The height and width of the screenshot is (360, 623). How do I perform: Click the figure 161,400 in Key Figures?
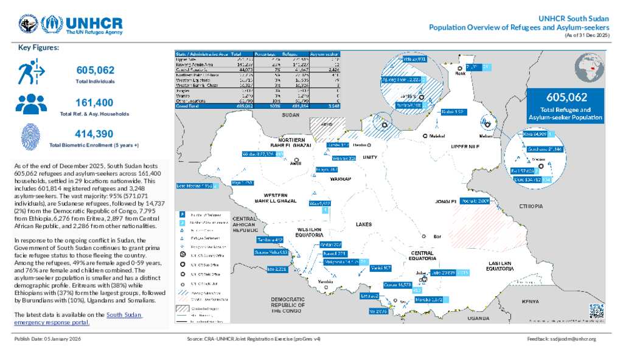94,103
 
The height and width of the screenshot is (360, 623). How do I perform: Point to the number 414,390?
94,134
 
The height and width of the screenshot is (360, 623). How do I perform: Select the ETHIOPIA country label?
531,207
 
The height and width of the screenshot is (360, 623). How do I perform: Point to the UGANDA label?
478,318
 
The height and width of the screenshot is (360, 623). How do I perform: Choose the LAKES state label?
363,224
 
